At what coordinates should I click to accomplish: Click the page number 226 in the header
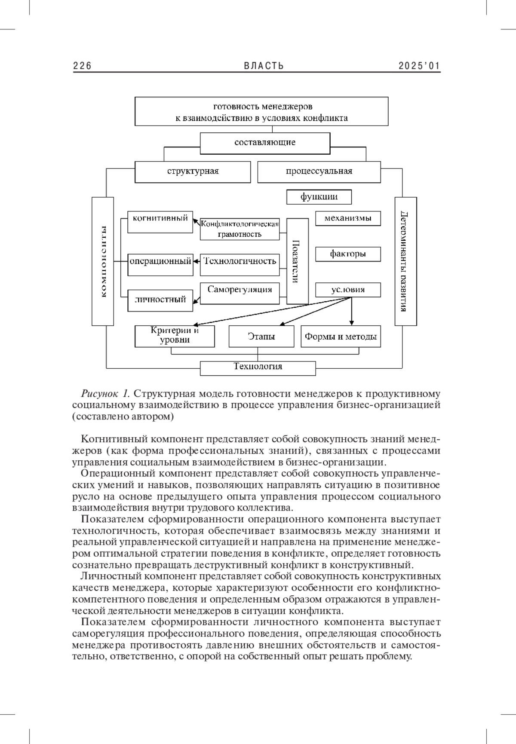(x=82, y=66)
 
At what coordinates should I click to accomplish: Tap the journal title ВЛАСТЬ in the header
(x=264, y=66)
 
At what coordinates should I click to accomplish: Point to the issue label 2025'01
(x=419, y=66)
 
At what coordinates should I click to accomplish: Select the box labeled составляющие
(x=265, y=143)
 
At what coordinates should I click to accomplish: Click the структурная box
(x=193, y=171)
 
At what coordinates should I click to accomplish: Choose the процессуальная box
(x=319, y=171)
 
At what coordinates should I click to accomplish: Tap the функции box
(x=319, y=197)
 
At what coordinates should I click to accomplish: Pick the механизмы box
(x=348, y=218)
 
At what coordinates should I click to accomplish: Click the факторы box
(x=348, y=254)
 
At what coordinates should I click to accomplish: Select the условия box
(x=348, y=290)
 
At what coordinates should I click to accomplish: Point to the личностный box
(x=160, y=300)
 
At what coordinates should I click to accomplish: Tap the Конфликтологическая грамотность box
(x=240, y=229)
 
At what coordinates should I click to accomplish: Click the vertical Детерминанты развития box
(x=405, y=261)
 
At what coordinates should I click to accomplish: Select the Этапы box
(x=261, y=336)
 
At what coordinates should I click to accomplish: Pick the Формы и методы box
(x=341, y=336)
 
